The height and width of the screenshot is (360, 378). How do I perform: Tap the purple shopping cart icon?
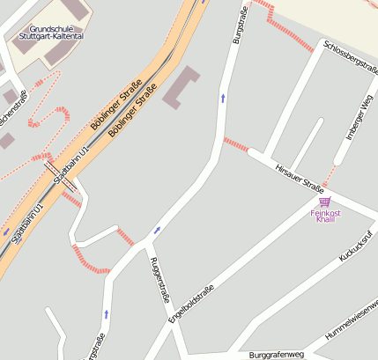coord(324,202)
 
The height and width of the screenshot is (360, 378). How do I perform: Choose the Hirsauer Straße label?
coord(300,178)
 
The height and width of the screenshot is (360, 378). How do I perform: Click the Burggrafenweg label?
coord(276,355)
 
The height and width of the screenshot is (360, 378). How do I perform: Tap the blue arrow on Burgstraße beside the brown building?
coord(222,97)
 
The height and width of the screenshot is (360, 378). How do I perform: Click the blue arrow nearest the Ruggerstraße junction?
coord(157,231)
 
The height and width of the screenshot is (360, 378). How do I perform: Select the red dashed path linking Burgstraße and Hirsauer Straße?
coord(236,143)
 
